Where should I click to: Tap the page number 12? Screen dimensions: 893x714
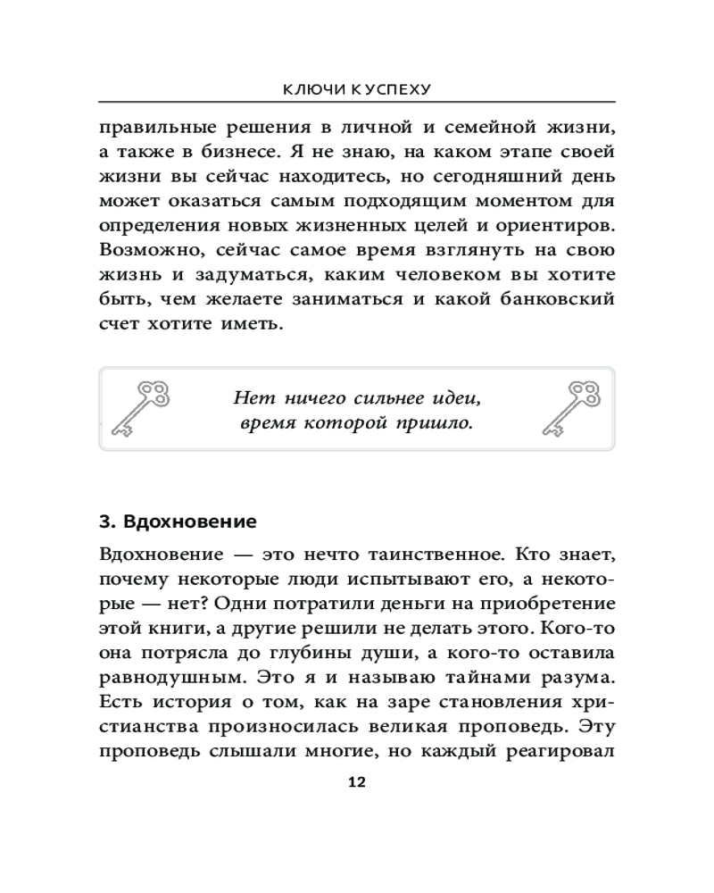pyautogui.click(x=356, y=782)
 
